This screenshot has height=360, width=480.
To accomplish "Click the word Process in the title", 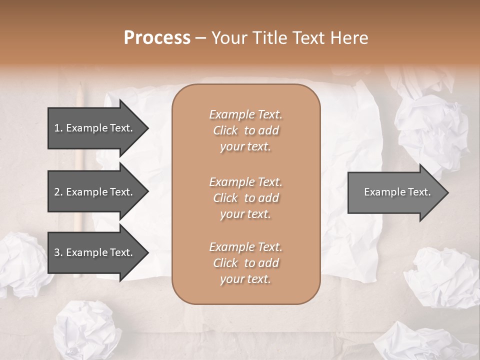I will (x=157, y=38).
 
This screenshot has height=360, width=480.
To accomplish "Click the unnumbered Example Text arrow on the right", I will (x=397, y=192).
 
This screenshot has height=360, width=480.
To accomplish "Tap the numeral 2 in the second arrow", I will (x=57, y=192).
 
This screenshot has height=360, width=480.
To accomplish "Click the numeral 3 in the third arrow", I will (x=57, y=252).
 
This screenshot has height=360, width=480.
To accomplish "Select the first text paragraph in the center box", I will (x=245, y=130).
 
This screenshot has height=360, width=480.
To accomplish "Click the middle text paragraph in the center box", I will (x=245, y=198).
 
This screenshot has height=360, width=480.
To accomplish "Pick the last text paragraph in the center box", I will (x=245, y=263).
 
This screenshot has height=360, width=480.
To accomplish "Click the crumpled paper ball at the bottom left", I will (x=85, y=330).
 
